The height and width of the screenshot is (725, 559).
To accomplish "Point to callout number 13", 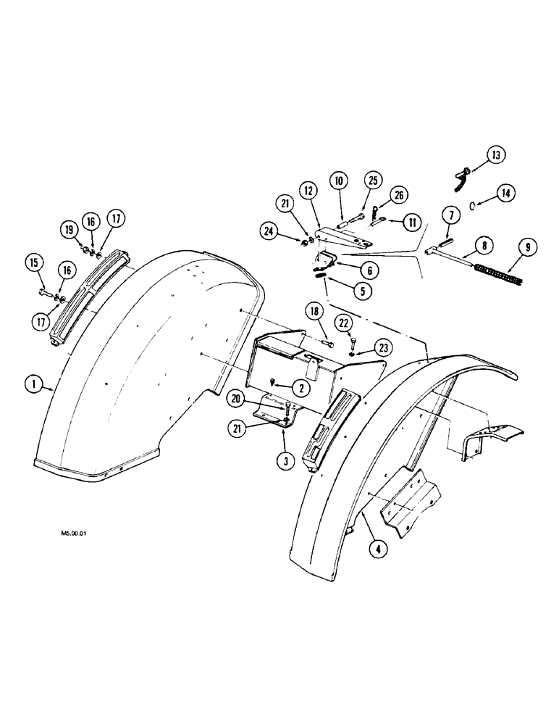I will [x=496, y=155].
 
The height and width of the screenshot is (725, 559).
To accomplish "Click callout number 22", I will [x=345, y=321].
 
